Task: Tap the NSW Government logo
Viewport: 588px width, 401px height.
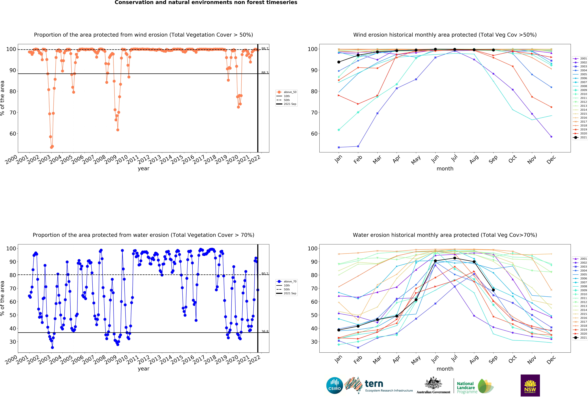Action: [530, 385]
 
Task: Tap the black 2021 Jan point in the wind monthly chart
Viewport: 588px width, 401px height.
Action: [339, 62]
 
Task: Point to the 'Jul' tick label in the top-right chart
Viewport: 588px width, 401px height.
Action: [454, 158]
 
